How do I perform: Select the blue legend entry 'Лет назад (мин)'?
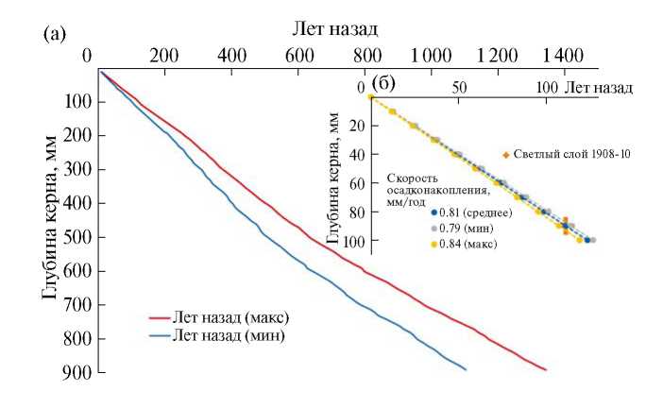[225, 335]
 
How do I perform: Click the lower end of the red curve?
[545, 369]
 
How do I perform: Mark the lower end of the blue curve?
[466, 368]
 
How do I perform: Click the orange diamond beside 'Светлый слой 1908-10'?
[506, 154]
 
